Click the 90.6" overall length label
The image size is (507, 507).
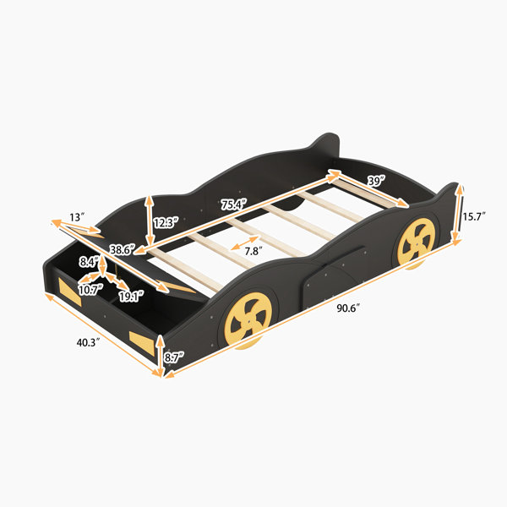[348, 308]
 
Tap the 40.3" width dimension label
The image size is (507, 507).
[88, 342]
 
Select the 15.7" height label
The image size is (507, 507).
[473, 216]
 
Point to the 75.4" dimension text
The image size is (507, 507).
[234, 204]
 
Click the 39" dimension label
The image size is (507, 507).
[376, 181]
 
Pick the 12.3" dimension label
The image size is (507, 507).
[166, 222]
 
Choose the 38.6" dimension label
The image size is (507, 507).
[122, 249]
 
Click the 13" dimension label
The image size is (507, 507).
[77, 217]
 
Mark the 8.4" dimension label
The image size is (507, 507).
[89, 262]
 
